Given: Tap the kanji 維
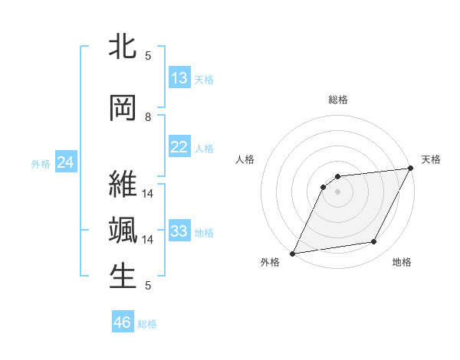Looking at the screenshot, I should pos(123,185).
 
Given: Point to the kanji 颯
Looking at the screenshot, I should pos(123,231).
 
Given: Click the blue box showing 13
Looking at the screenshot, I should pos(179,78).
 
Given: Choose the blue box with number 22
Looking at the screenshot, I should pos(179,147).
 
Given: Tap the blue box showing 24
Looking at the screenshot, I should pos(65,162).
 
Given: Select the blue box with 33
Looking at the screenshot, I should pos(179,231).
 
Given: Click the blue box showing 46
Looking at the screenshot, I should pos(123,322).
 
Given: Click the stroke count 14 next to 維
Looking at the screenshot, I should pos(148,194).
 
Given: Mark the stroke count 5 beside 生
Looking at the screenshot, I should pos(148,286).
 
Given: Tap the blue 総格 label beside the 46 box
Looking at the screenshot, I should pos(148,324).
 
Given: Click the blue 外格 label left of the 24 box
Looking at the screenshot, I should pos(41,163).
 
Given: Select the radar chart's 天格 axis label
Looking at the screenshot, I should pos(431,159).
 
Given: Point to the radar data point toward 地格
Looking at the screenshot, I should pos(374,242).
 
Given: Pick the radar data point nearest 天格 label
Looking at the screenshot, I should pos(411,169).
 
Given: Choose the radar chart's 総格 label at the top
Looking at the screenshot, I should pos(337,100).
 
